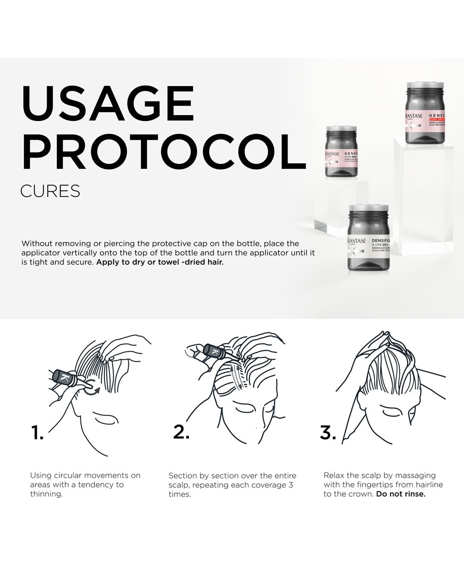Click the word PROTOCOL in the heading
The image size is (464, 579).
(163, 152)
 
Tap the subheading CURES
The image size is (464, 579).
(50, 191)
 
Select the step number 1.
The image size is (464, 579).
(37, 432)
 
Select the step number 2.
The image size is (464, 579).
(181, 432)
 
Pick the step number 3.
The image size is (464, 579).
(327, 432)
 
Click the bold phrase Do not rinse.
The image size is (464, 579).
(401, 494)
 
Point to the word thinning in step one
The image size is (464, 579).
(46, 494)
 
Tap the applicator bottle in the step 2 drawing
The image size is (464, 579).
(214, 351)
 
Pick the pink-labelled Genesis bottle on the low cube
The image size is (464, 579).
(341, 152)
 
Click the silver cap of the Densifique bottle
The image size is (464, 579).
(369, 210)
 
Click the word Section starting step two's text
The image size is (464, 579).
(182, 476)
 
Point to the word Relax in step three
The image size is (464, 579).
(335, 475)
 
